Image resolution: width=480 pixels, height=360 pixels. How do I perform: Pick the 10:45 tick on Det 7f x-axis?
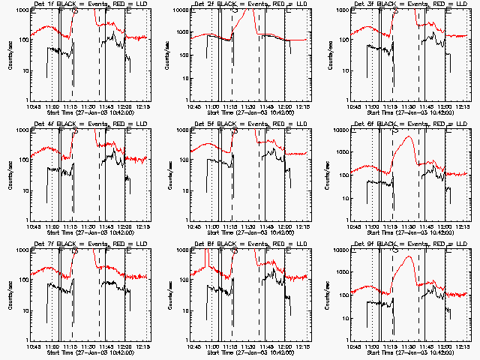(34, 347)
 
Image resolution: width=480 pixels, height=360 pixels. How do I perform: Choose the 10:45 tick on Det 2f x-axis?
(194, 107)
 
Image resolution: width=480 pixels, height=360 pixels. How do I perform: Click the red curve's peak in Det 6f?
(407, 137)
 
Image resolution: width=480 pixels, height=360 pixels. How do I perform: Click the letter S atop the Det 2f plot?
(235, 12)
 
